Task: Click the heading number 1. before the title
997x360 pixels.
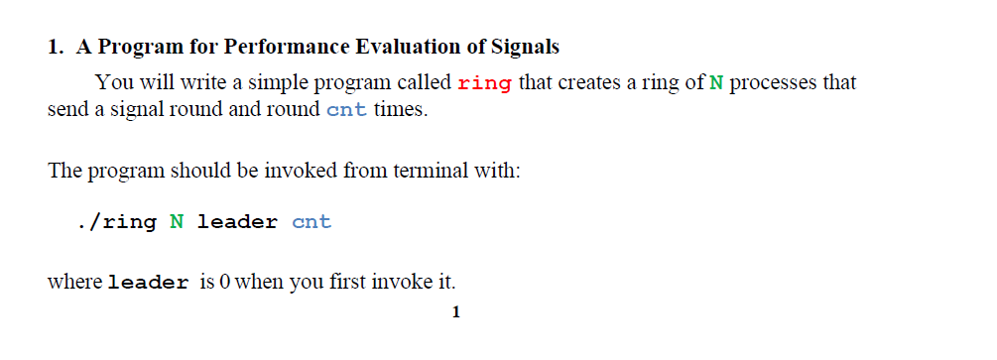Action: click(56, 47)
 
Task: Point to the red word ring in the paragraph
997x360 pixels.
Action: click(485, 83)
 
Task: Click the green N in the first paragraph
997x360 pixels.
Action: click(717, 83)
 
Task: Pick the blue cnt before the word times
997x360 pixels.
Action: click(346, 109)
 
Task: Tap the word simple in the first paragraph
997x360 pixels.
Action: click(272, 83)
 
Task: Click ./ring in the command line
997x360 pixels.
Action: click(116, 221)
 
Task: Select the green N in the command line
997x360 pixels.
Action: click(176, 221)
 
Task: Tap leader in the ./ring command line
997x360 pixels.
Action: click(237, 221)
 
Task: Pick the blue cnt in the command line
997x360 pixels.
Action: click(312, 221)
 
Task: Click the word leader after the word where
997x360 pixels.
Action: click(148, 283)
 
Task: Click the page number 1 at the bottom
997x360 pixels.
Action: click(455, 313)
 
